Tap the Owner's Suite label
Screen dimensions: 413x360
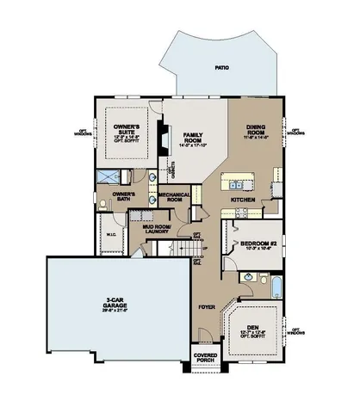click(131, 132)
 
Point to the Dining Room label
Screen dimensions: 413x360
click(256, 129)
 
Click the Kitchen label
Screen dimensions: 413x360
click(242, 200)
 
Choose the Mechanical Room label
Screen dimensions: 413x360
click(174, 197)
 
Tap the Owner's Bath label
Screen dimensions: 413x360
click(127, 197)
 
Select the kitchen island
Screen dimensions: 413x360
click(238, 181)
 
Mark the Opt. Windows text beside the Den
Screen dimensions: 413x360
click(297, 331)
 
